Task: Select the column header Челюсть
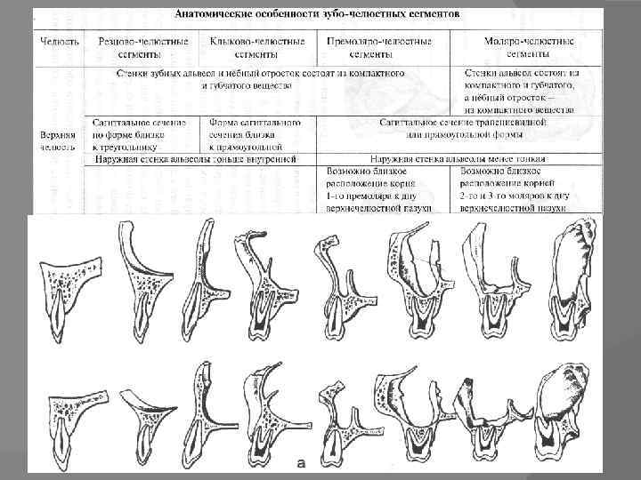[x=60, y=42]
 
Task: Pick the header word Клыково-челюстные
[x=257, y=42]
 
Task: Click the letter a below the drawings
[x=302, y=464]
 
